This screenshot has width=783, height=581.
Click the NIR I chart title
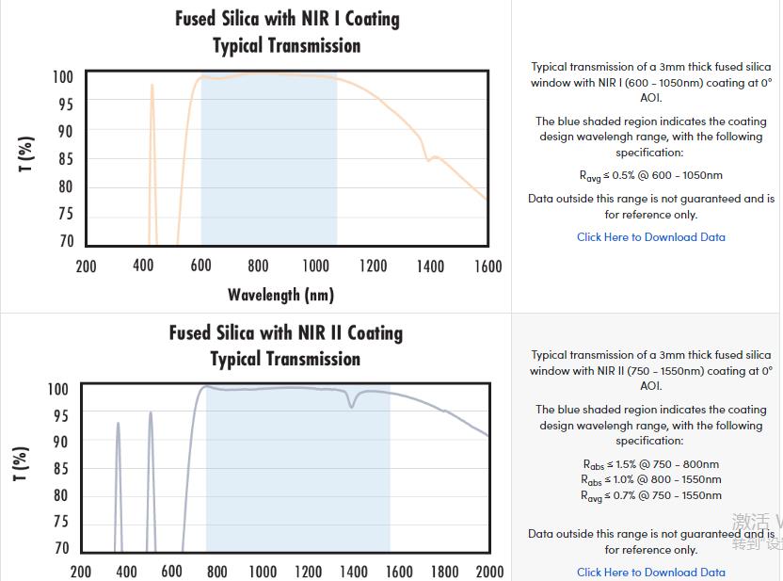[x=287, y=32]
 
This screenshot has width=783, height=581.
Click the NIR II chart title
[x=285, y=346]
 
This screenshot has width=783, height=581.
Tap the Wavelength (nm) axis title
[x=280, y=295]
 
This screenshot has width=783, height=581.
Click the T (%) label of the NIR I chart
[x=26, y=153]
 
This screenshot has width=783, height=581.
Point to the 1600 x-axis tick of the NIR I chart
[x=487, y=266]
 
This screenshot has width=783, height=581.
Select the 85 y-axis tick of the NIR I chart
[x=63, y=159]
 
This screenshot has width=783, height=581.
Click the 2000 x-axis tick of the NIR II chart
[x=489, y=572]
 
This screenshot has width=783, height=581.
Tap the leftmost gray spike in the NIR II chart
[x=118, y=426]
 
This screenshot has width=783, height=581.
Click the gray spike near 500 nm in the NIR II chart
[x=151, y=415]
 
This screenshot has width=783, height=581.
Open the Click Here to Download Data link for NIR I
[x=650, y=237]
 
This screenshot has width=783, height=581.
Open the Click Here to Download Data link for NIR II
[x=650, y=572]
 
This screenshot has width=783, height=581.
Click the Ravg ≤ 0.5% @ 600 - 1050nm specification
[x=650, y=175]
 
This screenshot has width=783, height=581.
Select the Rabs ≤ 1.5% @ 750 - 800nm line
[x=650, y=464]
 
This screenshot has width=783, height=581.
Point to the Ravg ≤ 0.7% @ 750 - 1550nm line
[x=650, y=495]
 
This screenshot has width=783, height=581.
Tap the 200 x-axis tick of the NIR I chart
[x=86, y=266]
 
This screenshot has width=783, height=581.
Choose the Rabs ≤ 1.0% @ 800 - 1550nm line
[x=650, y=479]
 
